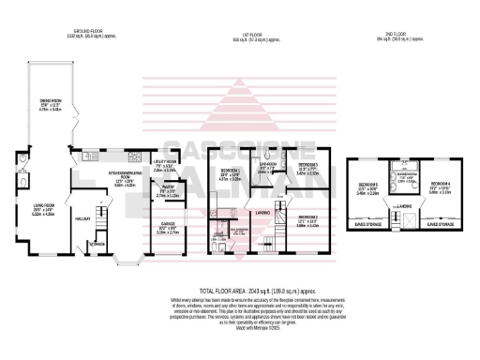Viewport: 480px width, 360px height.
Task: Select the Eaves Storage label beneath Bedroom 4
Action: click(x=440, y=226)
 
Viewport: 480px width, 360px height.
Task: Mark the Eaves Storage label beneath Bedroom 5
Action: click(x=367, y=226)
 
